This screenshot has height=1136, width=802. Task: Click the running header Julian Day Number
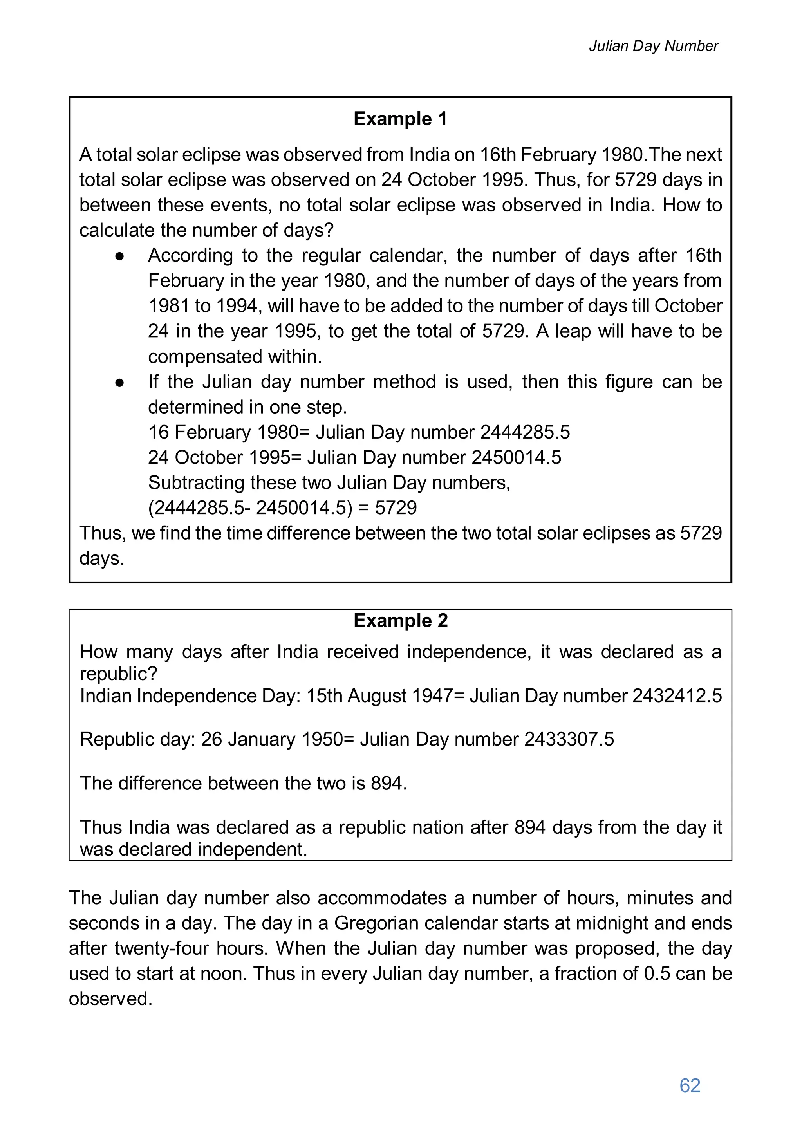653,46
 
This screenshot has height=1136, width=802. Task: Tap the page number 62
690,1085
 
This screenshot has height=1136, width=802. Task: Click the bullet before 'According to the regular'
119,256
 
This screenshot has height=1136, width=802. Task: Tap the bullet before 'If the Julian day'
119,383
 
